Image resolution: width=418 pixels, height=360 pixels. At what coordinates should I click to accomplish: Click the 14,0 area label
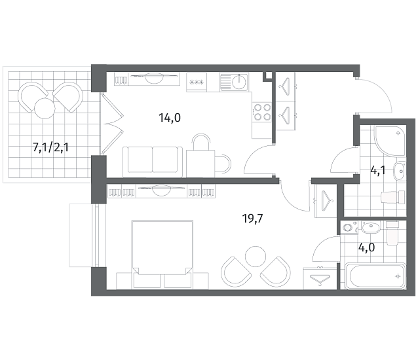tap(170, 117)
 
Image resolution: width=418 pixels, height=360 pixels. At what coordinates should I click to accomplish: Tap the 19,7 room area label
tap(252, 219)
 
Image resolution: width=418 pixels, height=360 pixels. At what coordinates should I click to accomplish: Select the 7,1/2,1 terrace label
tap(50, 147)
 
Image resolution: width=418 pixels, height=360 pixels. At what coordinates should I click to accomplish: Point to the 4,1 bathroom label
tap(378, 170)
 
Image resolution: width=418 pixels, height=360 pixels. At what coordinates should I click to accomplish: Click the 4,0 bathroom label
tap(366, 247)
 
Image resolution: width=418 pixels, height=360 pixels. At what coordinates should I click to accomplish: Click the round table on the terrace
tap(45, 109)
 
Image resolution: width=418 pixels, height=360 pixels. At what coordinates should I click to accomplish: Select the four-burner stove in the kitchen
tap(262, 112)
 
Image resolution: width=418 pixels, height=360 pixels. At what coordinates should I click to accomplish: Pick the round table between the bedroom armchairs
tap(256, 256)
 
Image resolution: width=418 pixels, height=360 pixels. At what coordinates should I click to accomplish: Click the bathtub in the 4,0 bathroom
tap(375, 276)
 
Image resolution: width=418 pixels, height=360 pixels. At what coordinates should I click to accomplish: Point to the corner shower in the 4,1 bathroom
tap(390, 141)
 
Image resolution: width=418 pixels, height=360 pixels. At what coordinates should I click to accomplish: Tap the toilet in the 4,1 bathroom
tap(393, 198)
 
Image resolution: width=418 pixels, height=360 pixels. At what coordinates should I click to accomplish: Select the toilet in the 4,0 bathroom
tap(392, 233)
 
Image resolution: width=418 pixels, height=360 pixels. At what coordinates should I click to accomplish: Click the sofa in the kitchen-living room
tap(153, 162)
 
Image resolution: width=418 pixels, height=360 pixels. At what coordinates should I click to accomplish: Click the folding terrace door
tap(113, 124)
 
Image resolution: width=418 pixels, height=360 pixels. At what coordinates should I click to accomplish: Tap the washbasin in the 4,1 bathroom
tap(400, 171)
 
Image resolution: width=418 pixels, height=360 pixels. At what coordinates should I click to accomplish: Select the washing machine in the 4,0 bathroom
tap(349, 228)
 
